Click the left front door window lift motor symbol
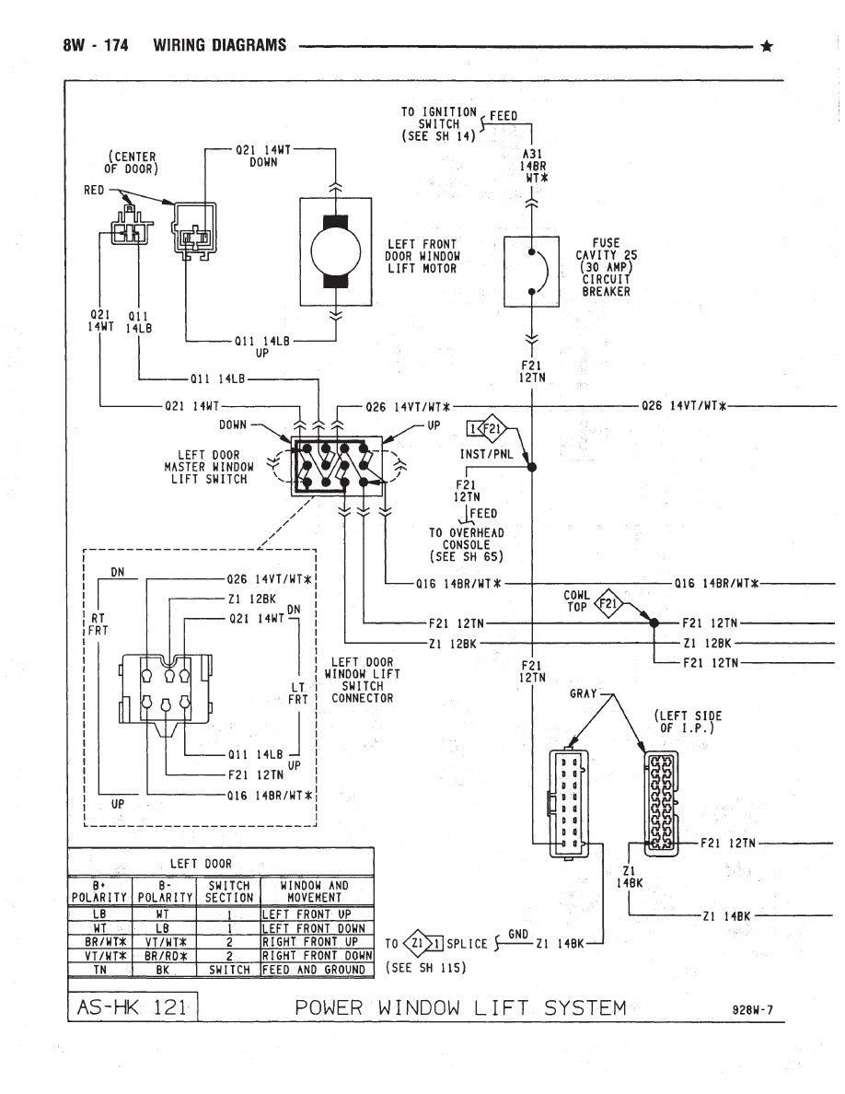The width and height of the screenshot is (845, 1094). [x=335, y=251]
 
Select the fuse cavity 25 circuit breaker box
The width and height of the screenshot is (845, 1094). [x=532, y=272]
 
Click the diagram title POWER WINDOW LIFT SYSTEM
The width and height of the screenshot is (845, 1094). [x=460, y=1007]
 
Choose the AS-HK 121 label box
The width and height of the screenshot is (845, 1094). [x=133, y=1007]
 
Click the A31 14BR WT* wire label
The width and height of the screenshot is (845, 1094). [x=532, y=168]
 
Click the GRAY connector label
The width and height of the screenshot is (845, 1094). [x=584, y=693]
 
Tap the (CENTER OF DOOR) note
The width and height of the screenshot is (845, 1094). [x=132, y=162]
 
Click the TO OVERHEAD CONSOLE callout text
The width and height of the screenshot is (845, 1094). [x=466, y=544]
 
